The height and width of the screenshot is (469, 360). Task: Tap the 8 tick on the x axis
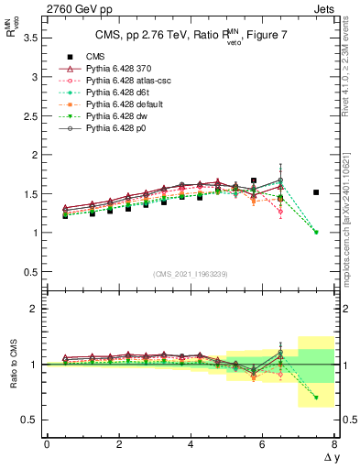pyautogui.click(x=334, y=443)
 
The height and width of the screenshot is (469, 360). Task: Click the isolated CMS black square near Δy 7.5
pyautogui.click(x=316, y=192)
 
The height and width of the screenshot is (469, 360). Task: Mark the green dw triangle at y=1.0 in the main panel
pyautogui.click(x=316, y=232)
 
